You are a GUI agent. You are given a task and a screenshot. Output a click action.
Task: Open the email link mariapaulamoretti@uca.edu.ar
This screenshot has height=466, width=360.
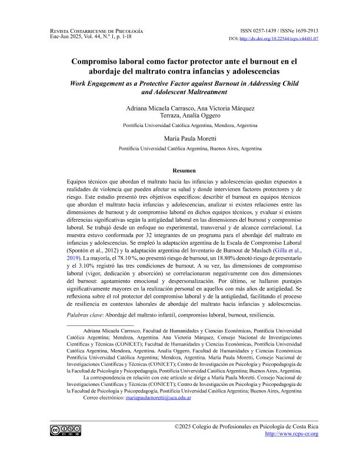pos(159,398)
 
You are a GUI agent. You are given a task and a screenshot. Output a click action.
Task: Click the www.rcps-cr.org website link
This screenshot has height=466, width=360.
pos(292,434)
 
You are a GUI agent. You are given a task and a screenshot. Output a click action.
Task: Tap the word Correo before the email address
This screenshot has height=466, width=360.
pos(95,398)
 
